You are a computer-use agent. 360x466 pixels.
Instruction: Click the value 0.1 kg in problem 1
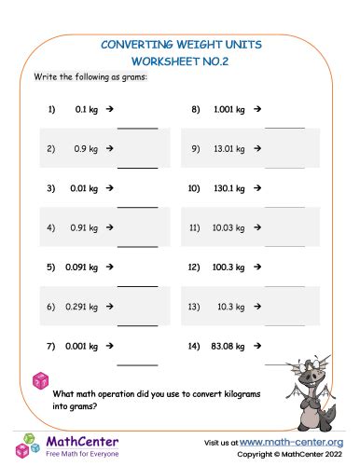click(x=87, y=109)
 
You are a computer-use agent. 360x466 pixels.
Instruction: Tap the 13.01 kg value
click(x=228, y=147)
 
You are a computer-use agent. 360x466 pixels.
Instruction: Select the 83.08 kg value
click(x=228, y=346)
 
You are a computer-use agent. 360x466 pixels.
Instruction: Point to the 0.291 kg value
click(x=83, y=307)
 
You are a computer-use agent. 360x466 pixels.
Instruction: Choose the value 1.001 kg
click(x=229, y=109)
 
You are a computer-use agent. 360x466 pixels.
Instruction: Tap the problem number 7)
click(x=51, y=346)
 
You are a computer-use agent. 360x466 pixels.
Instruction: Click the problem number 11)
click(x=194, y=226)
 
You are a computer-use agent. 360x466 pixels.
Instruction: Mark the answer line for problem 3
click(x=137, y=206)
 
